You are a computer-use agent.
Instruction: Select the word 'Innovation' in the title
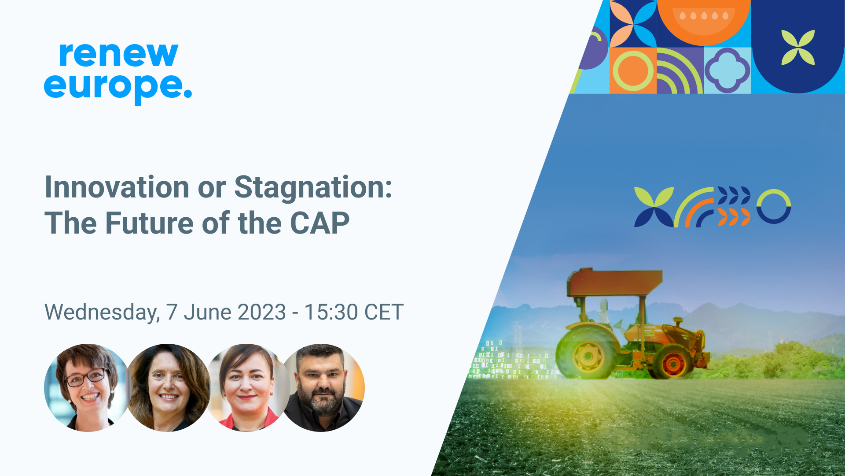(x=117, y=187)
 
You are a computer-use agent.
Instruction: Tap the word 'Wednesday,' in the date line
(x=102, y=313)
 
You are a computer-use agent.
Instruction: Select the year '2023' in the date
(x=262, y=312)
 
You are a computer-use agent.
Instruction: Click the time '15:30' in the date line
(x=331, y=312)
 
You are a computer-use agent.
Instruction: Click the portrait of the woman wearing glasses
(x=88, y=387)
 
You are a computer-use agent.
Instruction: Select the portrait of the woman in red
(x=248, y=387)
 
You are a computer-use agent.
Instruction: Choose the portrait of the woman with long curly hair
(x=168, y=387)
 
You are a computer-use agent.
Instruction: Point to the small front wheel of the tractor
(x=672, y=363)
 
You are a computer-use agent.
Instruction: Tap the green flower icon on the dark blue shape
(x=798, y=47)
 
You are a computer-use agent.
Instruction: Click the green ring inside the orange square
(x=633, y=71)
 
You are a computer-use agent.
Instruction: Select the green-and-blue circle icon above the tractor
(x=774, y=206)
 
